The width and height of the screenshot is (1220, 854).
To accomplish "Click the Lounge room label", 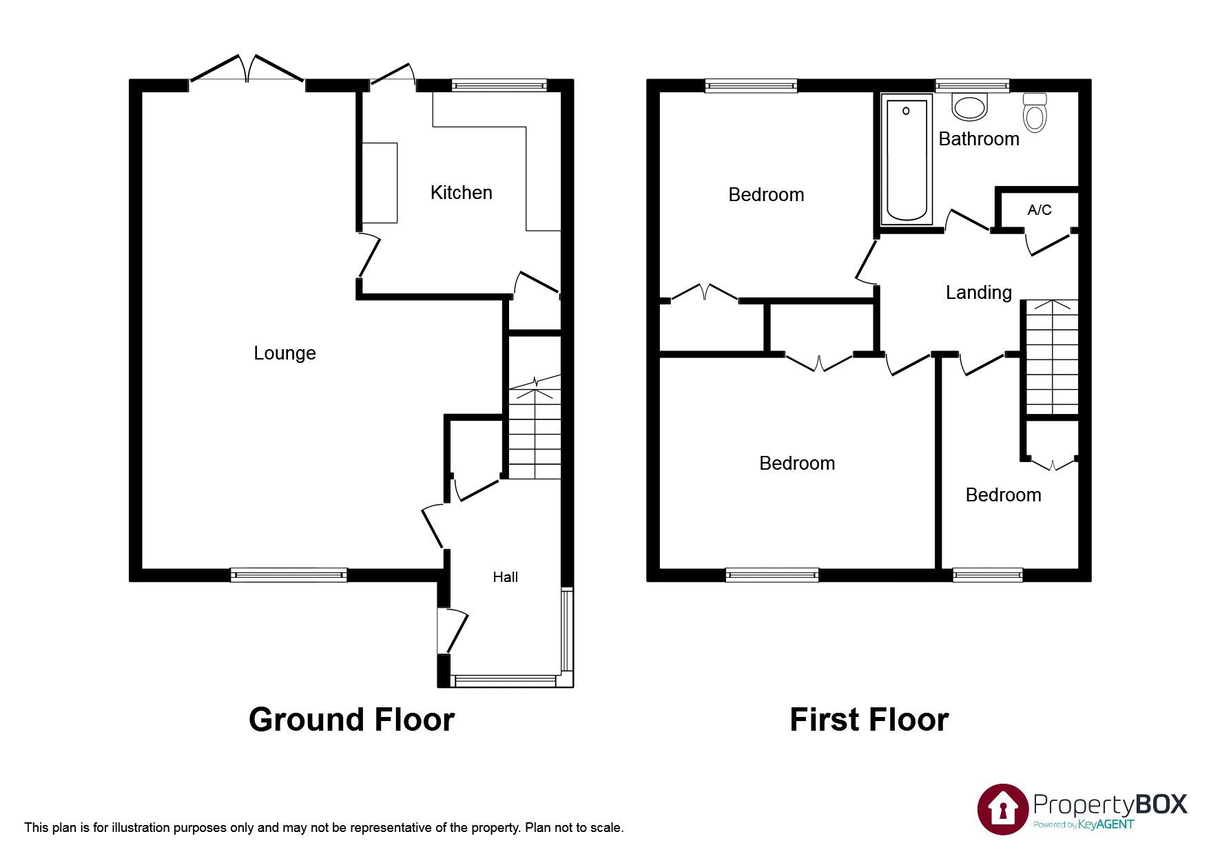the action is click(285, 353).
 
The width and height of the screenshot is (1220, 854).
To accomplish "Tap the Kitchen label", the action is click(461, 192).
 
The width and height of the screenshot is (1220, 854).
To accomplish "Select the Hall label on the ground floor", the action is click(505, 577).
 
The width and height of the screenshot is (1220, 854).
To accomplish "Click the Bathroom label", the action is click(978, 139).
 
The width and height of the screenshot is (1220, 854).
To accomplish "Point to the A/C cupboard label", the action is click(1039, 209).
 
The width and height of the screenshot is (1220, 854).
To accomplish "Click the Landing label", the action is click(978, 293).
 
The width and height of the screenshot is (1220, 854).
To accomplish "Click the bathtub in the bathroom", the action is click(906, 162).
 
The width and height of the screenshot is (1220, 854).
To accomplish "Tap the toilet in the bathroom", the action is click(1035, 112).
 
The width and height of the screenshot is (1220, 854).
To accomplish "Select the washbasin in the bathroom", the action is click(969, 107).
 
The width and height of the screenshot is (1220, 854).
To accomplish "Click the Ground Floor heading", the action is click(351, 720).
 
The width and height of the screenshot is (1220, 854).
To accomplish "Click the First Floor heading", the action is click(869, 720).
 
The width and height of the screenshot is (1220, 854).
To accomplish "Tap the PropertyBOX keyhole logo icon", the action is click(1002, 809).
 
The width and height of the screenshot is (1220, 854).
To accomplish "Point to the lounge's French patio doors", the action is click(247, 69).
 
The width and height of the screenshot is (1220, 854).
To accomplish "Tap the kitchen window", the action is click(499, 85).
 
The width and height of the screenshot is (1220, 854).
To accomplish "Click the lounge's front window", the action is click(289, 575).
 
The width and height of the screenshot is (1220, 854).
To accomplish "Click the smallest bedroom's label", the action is click(1003, 495).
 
